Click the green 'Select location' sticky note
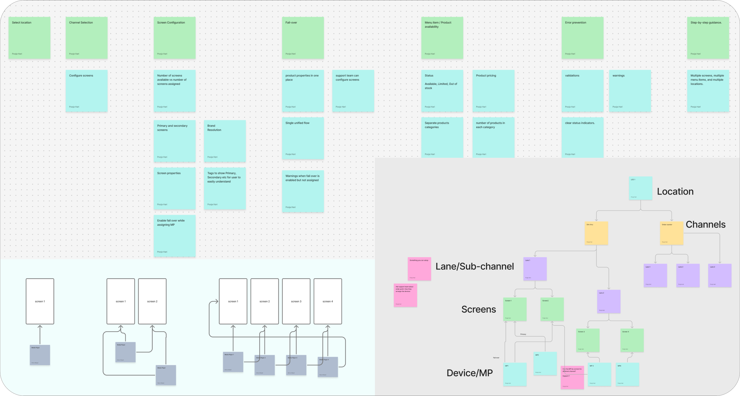[29, 38]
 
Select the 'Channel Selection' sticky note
[86, 38]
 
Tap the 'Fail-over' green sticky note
[303, 38]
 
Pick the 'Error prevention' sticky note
[582, 38]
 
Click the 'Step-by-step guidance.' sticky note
[708, 38]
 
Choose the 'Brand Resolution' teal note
[225, 141]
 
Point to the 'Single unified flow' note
[303, 138]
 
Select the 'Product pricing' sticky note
[493, 91]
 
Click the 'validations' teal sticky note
[582, 91]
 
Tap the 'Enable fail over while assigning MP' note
[174, 236]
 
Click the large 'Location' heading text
[675, 191]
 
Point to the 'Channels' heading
[705, 224]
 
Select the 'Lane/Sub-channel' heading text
[474, 266]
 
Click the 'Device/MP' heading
[469, 373]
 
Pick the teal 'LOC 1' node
[640, 188]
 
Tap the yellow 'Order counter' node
[671, 233]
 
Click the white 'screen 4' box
[328, 301]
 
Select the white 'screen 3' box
[296, 301]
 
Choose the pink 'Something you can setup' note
[419, 269]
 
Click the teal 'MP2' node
[545, 363]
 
